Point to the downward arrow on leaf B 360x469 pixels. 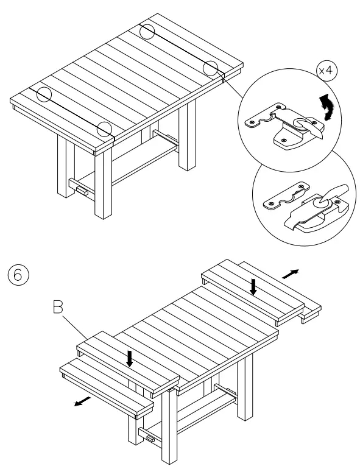click(x=129, y=358)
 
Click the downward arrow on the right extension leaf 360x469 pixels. click(x=255, y=285)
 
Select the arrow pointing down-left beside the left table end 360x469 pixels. click(x=81, y=403)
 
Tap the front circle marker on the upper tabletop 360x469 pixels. click(x=105, y=129)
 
